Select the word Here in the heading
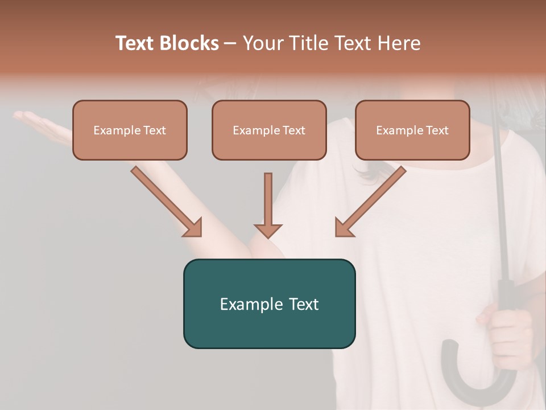(x=398, y=43)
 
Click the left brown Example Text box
(x=130, y=130)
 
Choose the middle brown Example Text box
(x=269, y=130)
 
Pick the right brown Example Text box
(x=412, y=130)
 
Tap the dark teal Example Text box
(x=269, y=304)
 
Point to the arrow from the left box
(x=165, y=199)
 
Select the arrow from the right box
(x=373, y=199)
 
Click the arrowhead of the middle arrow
(x=268, y=229)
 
